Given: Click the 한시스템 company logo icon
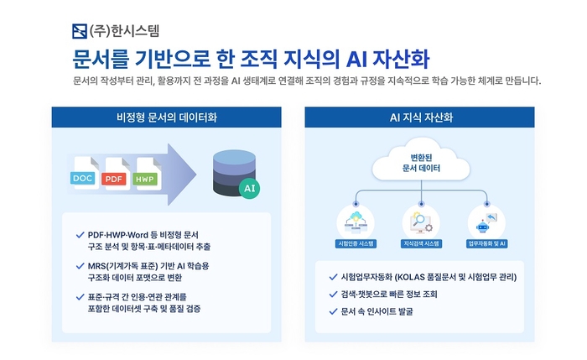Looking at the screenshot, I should (80, 33).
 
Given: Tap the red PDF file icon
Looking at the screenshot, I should (112, 176).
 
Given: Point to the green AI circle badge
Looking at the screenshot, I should (248, 189).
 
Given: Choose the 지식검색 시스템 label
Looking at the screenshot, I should (421, 243).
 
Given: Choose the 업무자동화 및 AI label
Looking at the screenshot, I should (486, 243).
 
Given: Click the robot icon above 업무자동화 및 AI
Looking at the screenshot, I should (486, 221).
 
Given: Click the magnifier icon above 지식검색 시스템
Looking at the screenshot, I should (421, 221).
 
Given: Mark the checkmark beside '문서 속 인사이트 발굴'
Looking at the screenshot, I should (333, 311).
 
